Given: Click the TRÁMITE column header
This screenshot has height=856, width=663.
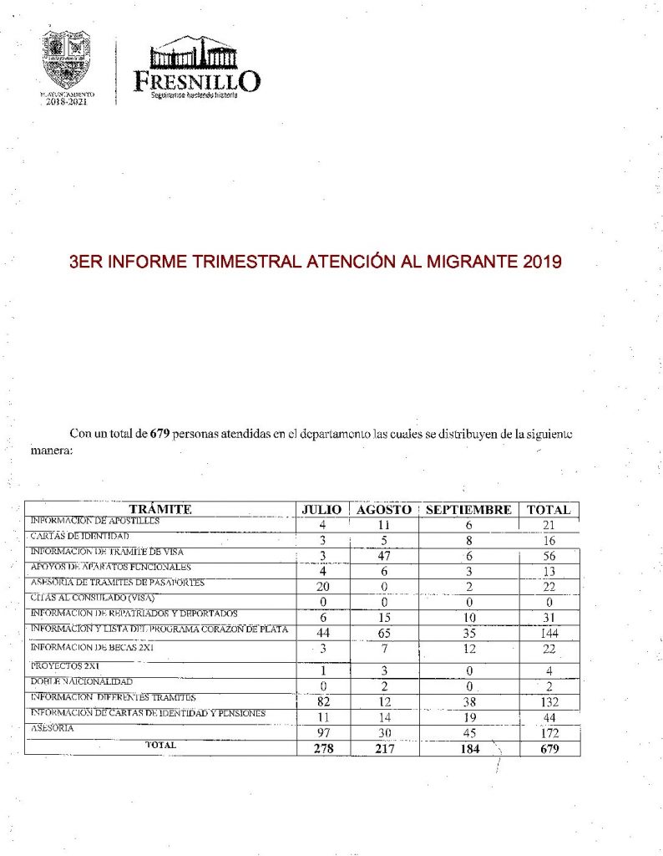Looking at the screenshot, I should click(x=160, y=509).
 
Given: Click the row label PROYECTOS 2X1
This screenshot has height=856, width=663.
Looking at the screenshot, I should click(x=65, y=666).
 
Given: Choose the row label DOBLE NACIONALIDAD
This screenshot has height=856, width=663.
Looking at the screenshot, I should click(x=81, y=682).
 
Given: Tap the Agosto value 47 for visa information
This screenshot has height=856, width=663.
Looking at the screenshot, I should click(x=385, y=555).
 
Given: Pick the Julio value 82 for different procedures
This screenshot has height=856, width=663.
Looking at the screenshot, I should click(x=321, y=701).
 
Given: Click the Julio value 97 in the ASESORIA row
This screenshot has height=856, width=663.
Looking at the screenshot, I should click(x=321, y=733).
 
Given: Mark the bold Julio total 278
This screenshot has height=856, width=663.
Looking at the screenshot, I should click(x=321, y=749).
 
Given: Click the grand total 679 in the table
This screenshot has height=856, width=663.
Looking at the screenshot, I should click(x=549, y=749).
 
